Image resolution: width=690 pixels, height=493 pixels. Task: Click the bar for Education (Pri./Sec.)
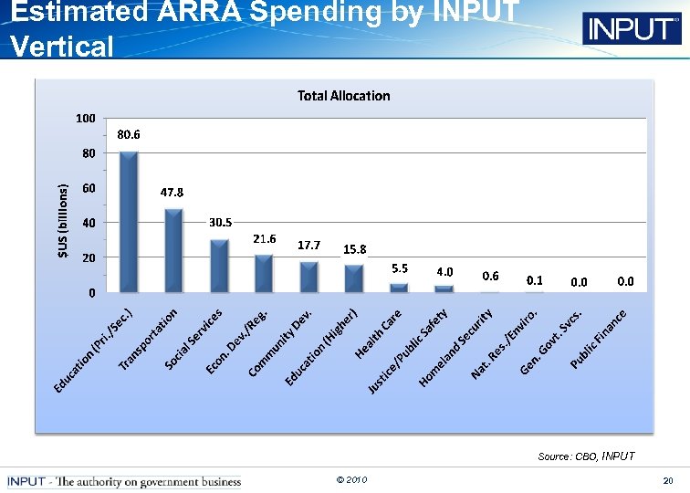pos(129,222)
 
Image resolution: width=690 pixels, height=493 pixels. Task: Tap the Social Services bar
pos(219,266)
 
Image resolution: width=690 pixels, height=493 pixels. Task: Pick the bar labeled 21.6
pos(264,274)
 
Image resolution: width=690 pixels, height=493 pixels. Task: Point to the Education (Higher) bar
pos(353,278)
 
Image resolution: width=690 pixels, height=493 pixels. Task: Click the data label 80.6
pos(129,134)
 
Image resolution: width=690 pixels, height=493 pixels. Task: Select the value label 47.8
pos(172,193)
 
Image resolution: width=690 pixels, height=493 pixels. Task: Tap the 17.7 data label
pos(308,246)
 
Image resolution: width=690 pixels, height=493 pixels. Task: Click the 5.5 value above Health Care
pos(399,268)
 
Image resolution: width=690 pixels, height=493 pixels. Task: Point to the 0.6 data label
pos(490,276)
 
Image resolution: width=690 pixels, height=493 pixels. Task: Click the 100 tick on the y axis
pos(85,119)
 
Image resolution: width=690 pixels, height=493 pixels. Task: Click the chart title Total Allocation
pos(343,96)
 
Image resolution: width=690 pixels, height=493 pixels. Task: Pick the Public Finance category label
pos(599,340)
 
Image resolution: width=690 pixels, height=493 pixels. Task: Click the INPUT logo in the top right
pos(631,29)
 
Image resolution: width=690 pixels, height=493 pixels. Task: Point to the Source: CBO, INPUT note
pos(586,456)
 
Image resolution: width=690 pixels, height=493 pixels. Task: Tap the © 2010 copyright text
pos(351,479)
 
